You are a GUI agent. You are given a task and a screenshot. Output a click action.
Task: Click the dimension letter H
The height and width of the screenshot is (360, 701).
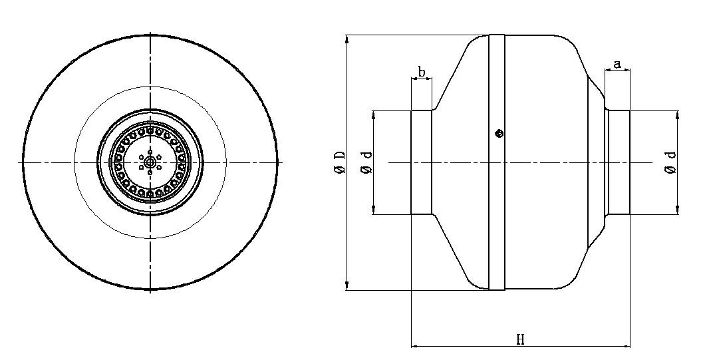coord(520,339)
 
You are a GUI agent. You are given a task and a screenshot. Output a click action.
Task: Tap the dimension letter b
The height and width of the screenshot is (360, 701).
coord(422,72)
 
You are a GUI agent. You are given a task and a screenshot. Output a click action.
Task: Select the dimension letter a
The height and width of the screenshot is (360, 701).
coord(617,65)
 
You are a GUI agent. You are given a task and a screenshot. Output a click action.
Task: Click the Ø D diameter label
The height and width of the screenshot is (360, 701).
coord(341,162)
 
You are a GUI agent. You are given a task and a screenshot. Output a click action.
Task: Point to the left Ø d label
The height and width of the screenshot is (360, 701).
coord(367,162)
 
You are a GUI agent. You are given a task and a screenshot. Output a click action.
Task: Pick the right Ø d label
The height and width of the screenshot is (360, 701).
coord(670,162)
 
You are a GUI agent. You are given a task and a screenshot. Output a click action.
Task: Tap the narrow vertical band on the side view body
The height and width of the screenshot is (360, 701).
coord(497,162)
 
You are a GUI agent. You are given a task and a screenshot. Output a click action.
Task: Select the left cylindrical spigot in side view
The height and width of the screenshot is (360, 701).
coord(421,162)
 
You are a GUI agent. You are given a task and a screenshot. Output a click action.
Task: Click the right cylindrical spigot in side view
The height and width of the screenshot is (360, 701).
coord(619,162)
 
